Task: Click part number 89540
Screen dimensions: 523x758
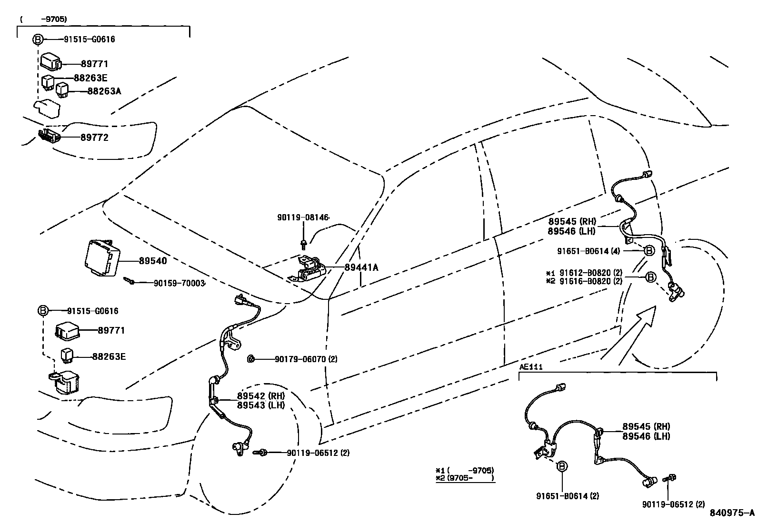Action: point(153,261)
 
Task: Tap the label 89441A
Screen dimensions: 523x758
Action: point(361,267)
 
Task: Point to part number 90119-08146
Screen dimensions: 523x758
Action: point(303,217)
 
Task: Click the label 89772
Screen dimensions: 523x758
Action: point(94,138)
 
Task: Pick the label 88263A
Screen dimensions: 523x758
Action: point(104,91)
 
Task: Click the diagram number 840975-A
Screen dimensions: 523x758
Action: point(732,513)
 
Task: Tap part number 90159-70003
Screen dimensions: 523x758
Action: point(179,283)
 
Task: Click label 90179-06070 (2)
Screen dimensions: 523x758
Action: point(306,359)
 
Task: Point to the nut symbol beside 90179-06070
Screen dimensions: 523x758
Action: point(250,358)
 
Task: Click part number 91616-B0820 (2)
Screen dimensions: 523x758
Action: point(590,281)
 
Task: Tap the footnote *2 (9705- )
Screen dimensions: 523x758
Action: point(465,478)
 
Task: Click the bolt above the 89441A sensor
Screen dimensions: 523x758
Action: point(303,245)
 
